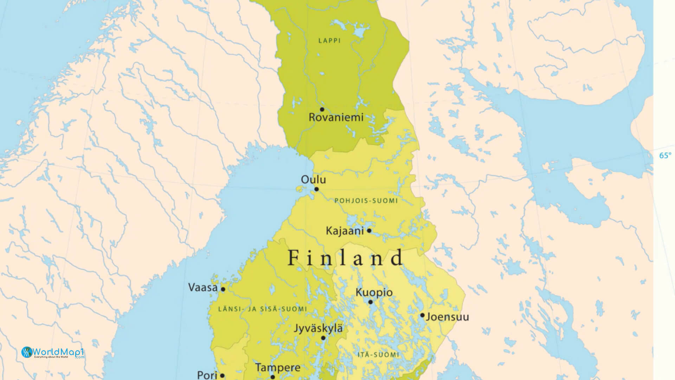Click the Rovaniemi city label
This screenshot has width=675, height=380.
[x=336, y=118]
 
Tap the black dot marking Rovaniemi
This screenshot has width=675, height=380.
[x=322, y=109]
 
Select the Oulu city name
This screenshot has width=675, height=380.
[x=313, y=180]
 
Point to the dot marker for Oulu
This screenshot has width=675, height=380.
[x=316, y=189]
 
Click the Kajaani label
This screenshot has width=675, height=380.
[x=345, y=231]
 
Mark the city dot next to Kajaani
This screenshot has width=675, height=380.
[x=369, y=231]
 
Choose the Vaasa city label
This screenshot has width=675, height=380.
[x=203, y=287]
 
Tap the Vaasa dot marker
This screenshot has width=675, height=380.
[x=223, y=289]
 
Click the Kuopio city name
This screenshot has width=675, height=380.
[x=374, y=292]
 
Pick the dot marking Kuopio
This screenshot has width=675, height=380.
[x=370, y=302]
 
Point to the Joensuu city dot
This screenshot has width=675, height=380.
[x=422, y=315]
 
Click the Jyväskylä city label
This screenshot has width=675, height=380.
[x=318, y=328]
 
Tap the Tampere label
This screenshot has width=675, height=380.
[x=278, y=368]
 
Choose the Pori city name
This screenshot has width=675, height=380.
[x=207, y=375]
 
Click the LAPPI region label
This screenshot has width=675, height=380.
[x=329, y=41]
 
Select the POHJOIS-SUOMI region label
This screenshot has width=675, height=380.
[x=366, y=201]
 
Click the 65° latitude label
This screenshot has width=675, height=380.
[x=665, y=156]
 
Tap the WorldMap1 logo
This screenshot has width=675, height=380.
[x=53, y=352]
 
